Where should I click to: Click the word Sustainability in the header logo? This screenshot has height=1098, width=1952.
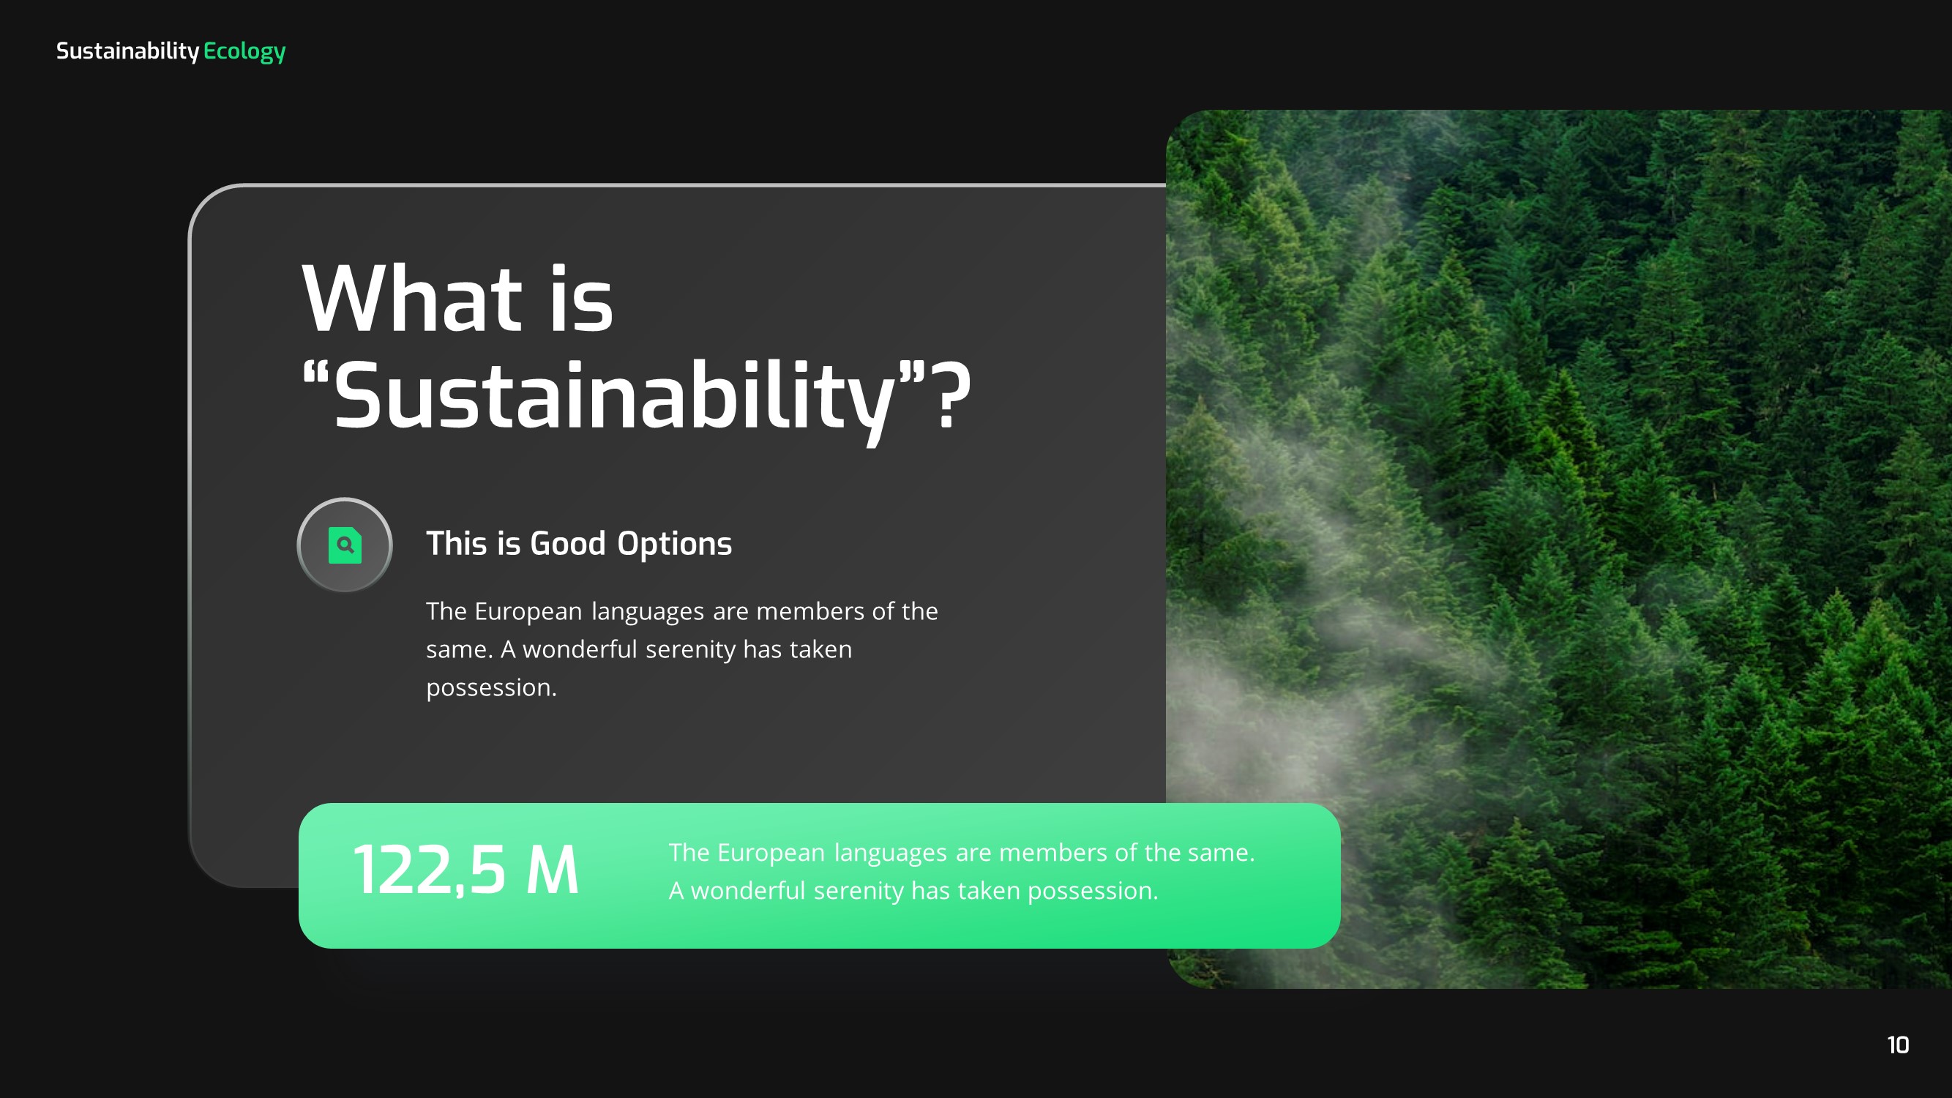click(127, 51)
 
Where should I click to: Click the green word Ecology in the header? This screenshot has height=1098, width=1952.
click(244, 51)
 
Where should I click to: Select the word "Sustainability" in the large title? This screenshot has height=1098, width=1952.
click(615, 395)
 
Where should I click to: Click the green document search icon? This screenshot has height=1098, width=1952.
click(345, 545)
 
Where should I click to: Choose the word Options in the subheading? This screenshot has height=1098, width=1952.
click(674, 543)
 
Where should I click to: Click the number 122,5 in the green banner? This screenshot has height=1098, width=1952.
click(430, 870)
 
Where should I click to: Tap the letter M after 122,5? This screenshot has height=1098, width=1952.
click(553, 870)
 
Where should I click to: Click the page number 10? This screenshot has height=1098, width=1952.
click(1897, 1045)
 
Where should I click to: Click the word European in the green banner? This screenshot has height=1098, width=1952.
click(771, 853)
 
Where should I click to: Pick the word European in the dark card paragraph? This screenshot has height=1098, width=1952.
click(528, 610)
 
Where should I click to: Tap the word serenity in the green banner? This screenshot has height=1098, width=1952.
click(859, 890)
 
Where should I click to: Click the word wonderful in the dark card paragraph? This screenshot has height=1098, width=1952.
click(580, 649)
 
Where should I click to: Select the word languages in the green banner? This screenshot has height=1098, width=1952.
click(891, 853)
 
